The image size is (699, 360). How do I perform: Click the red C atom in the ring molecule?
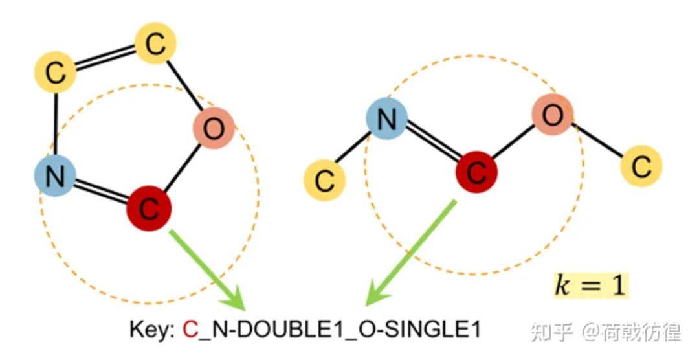click(148, 207)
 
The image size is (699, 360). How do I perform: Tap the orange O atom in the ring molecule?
click(213, 129)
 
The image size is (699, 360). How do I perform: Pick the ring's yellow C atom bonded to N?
click(56, 73)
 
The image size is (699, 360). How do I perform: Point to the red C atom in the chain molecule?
click(476, 172)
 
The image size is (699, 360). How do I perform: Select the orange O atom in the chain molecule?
click(552, 116)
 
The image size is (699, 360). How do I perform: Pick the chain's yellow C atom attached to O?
click(641, 166)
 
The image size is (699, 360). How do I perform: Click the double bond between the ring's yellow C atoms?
click(105, 58)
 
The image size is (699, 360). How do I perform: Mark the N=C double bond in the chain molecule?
click(431, 146)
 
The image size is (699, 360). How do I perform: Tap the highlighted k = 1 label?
click(589, 285)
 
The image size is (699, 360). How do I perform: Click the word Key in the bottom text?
click(151, 331)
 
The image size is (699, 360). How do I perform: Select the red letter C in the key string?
click(190, 331)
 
